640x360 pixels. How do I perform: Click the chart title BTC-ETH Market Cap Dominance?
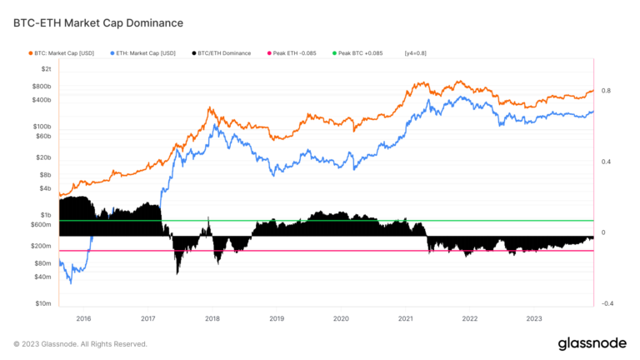pos(98,23)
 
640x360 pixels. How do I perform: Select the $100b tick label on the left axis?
pos(42,126)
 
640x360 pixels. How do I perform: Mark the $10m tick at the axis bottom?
pos(42,304)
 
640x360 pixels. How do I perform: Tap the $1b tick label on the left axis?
pos(46,215)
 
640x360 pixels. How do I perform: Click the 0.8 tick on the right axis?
pos(607,91)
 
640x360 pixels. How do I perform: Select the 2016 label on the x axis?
pos(84,318)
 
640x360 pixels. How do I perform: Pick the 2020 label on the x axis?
pos(341,318)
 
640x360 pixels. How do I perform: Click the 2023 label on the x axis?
pos(534,318)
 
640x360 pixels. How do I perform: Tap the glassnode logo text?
pos(592,343)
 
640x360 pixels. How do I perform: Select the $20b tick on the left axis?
pos(43,157)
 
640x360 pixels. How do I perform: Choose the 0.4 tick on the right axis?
pos(607,162)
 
